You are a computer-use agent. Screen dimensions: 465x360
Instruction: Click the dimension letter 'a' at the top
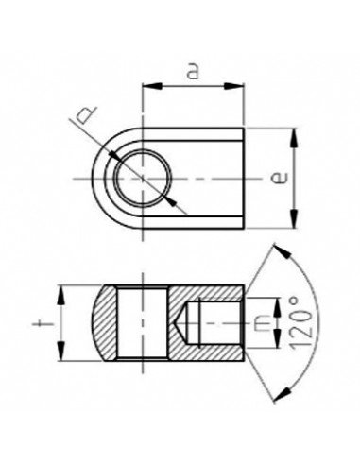coord(193,72)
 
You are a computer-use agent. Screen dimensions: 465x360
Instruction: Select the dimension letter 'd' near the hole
coord(86,117)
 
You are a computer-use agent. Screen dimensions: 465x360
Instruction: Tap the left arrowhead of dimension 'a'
coord(146,87)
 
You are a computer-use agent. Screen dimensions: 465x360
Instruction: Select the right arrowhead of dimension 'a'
coord(240,87)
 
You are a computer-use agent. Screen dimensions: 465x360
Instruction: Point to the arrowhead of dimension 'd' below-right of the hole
coord(171,202)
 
